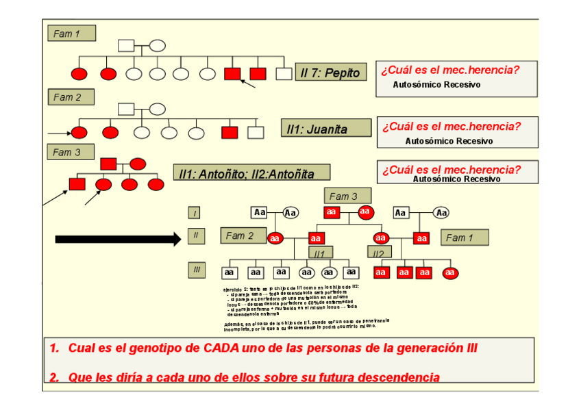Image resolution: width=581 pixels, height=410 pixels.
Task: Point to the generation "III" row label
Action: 196,270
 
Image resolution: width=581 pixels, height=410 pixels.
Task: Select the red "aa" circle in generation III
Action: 449,272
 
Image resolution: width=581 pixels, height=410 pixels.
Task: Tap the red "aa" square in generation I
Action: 332,212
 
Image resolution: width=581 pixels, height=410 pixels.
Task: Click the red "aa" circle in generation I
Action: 366,212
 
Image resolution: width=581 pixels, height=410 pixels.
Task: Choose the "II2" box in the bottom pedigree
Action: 378,253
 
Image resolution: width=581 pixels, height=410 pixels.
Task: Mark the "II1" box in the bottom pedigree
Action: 319,253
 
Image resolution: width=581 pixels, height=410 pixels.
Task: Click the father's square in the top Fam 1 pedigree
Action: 126,47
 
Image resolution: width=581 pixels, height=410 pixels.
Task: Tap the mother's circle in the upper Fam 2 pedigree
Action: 158,109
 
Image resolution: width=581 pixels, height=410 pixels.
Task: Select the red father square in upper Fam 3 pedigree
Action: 108,164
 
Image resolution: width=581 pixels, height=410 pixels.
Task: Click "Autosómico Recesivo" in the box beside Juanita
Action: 449,141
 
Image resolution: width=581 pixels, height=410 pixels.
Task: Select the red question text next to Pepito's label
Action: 449,70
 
